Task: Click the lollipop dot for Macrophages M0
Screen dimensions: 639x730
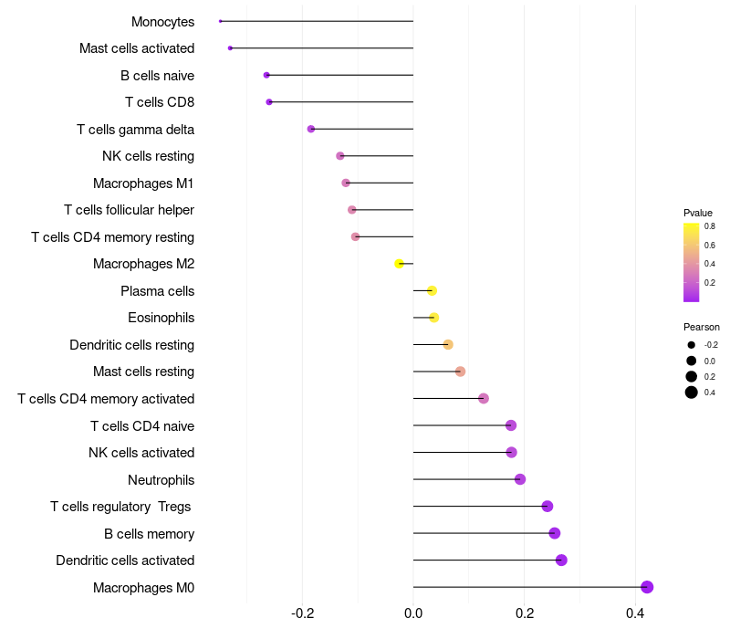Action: tap(647, 587)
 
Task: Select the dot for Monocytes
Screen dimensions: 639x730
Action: tap(221, 21)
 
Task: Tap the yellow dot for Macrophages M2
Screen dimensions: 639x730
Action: tap(399, 264)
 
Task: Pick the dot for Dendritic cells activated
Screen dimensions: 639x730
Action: tap(561, 560)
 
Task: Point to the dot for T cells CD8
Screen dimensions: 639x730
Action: tap(269, 101)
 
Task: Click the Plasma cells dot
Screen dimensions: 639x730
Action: tap(432, 290)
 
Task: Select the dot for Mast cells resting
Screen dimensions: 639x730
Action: tap(460, 372)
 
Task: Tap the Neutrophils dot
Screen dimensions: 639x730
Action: tap(520, 479)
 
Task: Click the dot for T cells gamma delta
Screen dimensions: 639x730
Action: tap(311, 129)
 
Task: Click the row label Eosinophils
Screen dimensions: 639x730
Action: tap(161, 318)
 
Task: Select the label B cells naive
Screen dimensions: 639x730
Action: tap(157, 75)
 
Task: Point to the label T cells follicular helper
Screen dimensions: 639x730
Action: tap(129, 210)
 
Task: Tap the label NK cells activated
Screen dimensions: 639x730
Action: tap(141, 453)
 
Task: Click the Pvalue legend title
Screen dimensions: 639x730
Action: tap(698, 213)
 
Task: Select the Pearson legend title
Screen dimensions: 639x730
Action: tap(701, 327)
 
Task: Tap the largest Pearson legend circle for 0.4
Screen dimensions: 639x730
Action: tap(692, 393)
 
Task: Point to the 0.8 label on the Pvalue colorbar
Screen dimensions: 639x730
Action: tap(709, 225)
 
